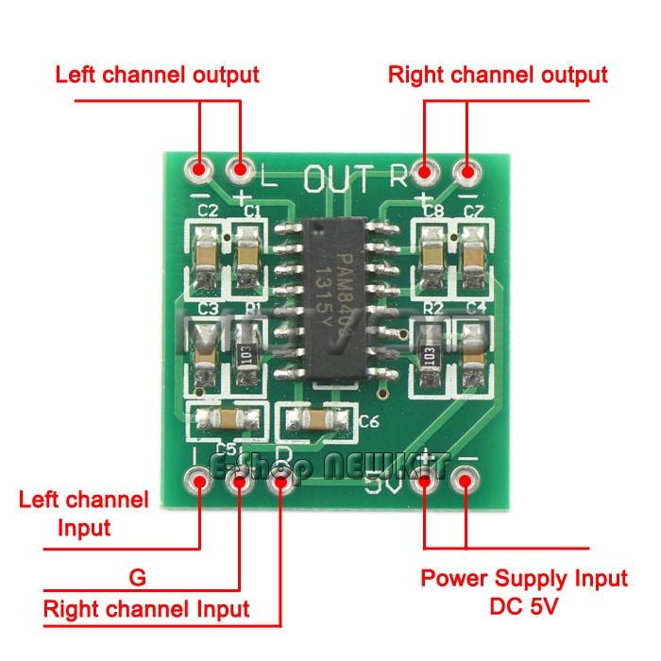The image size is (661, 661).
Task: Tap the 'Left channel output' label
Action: (x=157, y=75)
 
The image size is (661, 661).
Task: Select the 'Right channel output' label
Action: (x=498, y=75)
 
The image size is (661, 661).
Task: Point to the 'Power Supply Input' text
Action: (x=523, y=578)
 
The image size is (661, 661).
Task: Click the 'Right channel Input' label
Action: (x=146, y=609)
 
